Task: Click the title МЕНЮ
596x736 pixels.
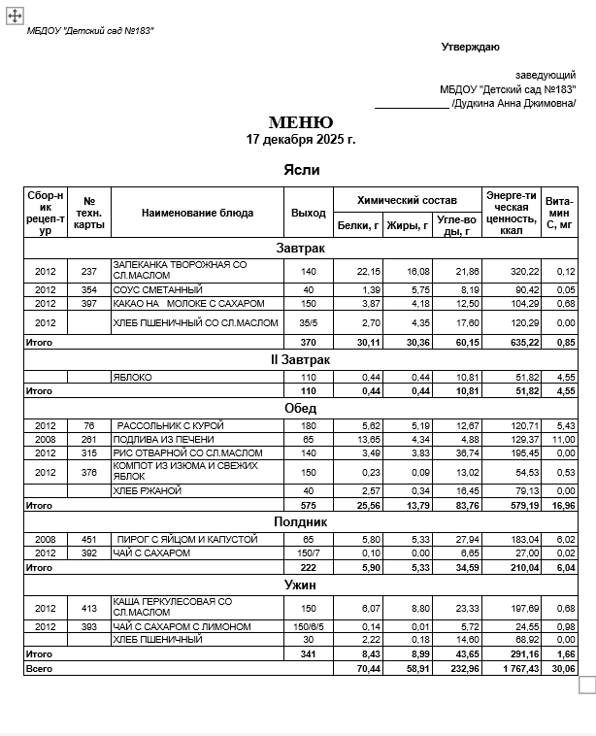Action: coord(301,122)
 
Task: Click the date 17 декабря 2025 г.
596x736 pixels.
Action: coord(301,140)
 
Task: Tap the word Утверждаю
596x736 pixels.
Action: coord(470,47)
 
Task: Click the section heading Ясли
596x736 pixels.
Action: coord(301,170)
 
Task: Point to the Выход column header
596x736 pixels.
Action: coord(309,213)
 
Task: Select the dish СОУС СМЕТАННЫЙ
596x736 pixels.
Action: coord(157,289)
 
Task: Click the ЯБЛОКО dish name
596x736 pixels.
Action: coord(133,377)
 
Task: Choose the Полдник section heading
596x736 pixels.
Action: coord(301,521)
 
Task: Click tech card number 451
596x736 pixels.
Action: coord(89,538)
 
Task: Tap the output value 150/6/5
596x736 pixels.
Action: coord(309,626)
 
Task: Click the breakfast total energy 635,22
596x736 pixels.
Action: coord(514,342)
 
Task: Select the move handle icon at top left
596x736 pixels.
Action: coord(15,15)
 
